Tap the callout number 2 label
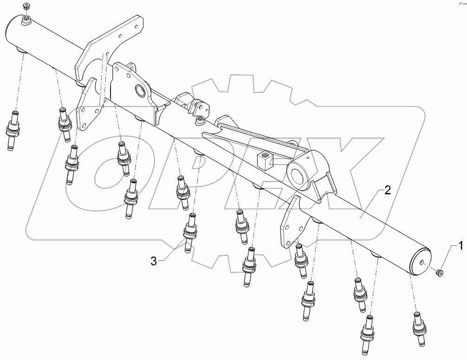point(388,190)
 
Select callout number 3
point(154,261)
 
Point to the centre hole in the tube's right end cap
point(422,263)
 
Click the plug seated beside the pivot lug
point(200,121)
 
